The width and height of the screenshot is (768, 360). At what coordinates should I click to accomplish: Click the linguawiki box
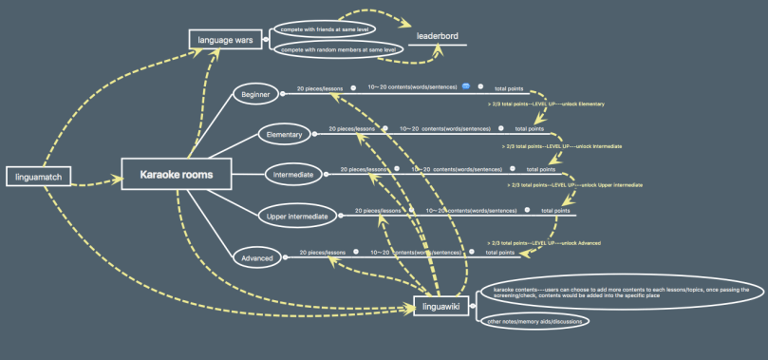pos(441,307)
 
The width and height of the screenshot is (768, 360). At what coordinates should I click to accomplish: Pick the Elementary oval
pos(284,135)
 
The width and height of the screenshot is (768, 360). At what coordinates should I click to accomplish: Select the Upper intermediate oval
pos(296,217)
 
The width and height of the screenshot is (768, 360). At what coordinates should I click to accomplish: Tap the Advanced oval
pos(257,257)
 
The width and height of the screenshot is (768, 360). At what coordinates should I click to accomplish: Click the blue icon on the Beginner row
pos(466,86)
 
